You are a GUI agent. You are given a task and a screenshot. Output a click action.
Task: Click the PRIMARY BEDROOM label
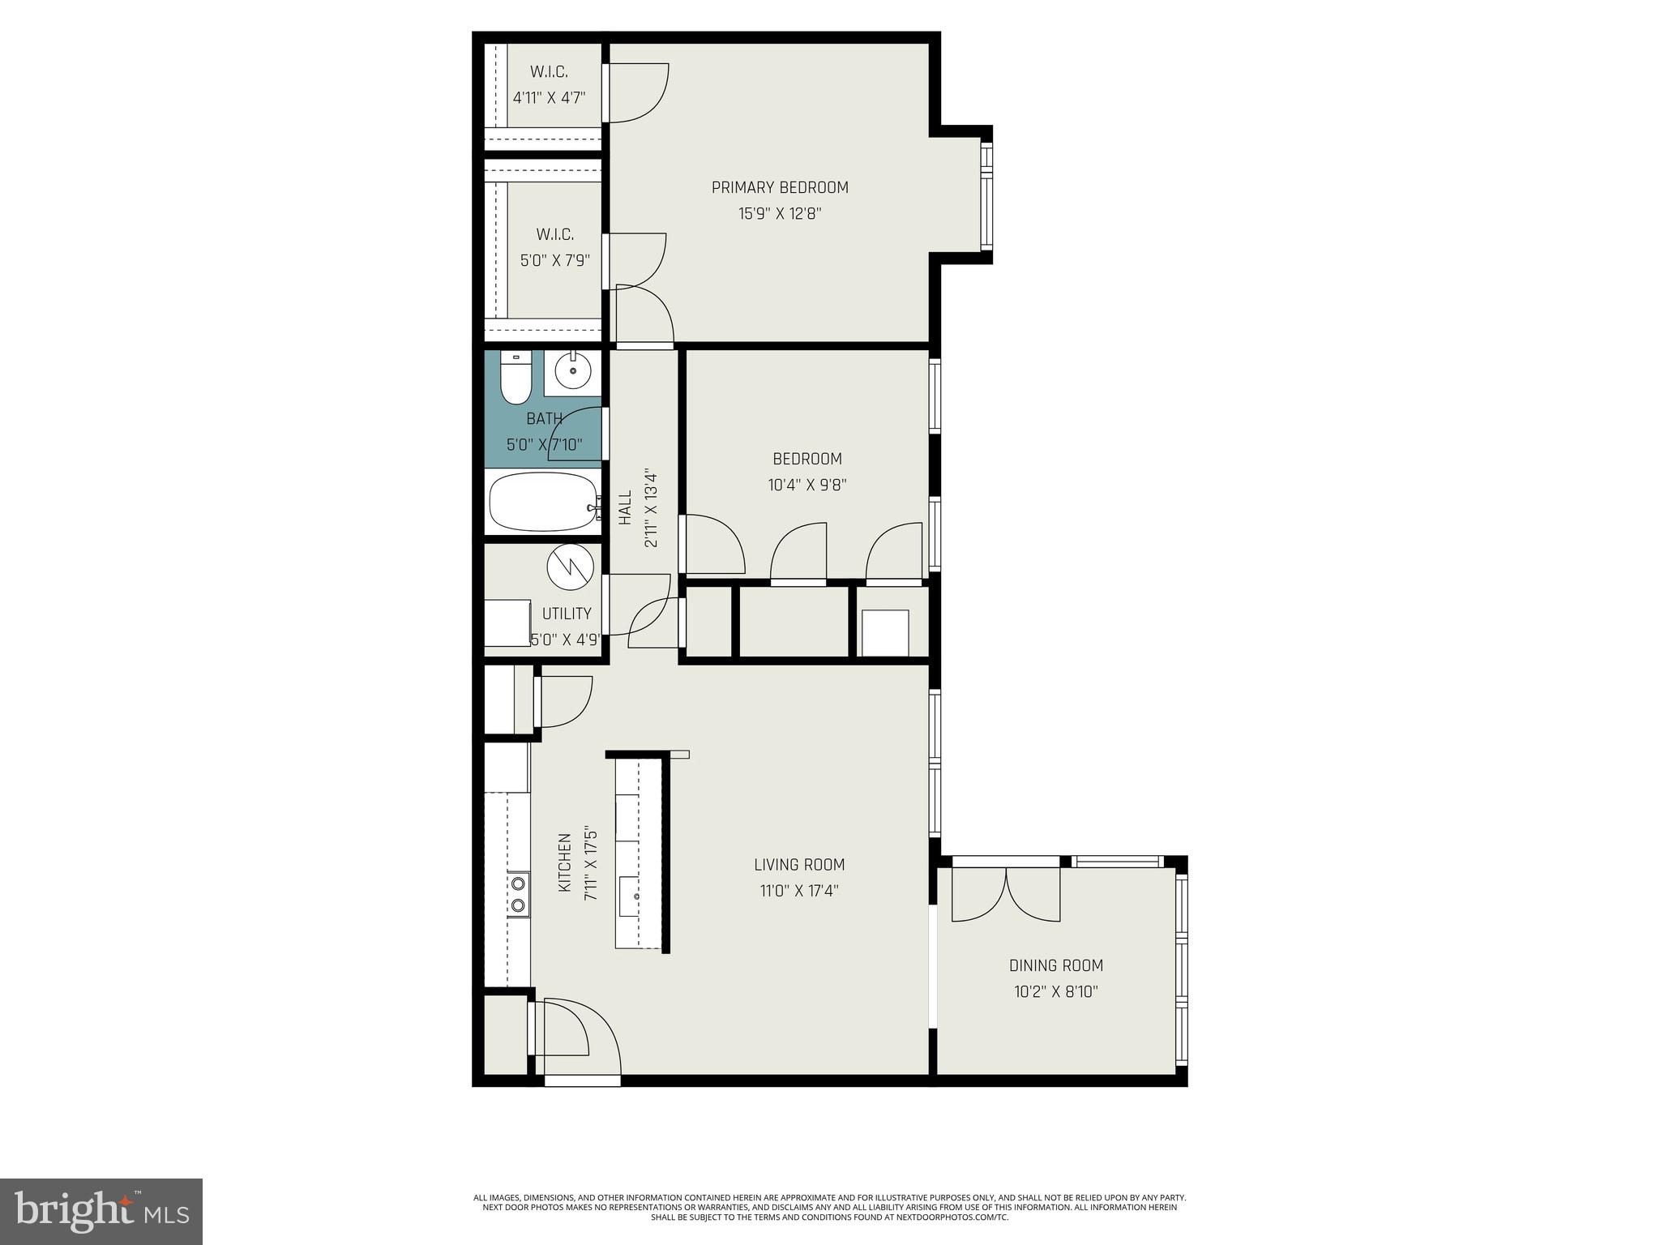pos(780,187)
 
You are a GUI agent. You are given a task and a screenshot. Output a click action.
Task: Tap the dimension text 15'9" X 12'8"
pos(780,214)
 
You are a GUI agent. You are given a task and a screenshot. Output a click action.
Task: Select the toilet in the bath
pos(515,379)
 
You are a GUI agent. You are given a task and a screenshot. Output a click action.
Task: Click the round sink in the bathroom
pos(573,371)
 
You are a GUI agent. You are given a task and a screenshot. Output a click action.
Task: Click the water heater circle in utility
pos(570,565)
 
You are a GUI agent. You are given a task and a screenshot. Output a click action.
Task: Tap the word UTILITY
pos(567,614)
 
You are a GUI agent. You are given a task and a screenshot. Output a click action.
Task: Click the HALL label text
pos(625,508)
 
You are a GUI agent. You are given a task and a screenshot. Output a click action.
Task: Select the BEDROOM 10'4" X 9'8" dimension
pos(807,486)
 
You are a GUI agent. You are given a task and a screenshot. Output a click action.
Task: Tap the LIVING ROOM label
pos(799,865)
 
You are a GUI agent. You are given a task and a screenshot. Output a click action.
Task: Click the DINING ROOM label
pos(1055,965)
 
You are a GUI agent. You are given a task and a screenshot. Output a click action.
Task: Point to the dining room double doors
pos(1005,894)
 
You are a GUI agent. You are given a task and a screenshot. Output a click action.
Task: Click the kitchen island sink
pos(636,896)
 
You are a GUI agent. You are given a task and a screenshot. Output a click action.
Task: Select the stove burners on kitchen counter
pos(518,895)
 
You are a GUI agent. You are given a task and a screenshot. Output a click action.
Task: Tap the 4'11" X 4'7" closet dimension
pos(549,98)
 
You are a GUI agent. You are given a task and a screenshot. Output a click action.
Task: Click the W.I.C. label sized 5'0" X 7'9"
pos(555,235)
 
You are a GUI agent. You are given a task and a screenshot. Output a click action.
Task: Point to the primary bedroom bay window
pos(986,196)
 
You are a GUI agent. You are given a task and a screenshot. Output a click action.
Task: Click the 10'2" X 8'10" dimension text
pos(1055,991)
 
